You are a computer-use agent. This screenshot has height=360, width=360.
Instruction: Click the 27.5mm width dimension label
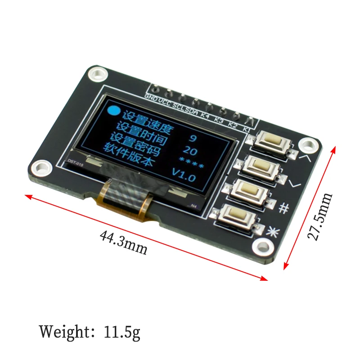pos(320,216)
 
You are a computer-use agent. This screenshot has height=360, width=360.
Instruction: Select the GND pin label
pos(150,96)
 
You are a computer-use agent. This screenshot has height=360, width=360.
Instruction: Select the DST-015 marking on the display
pos(73,163)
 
